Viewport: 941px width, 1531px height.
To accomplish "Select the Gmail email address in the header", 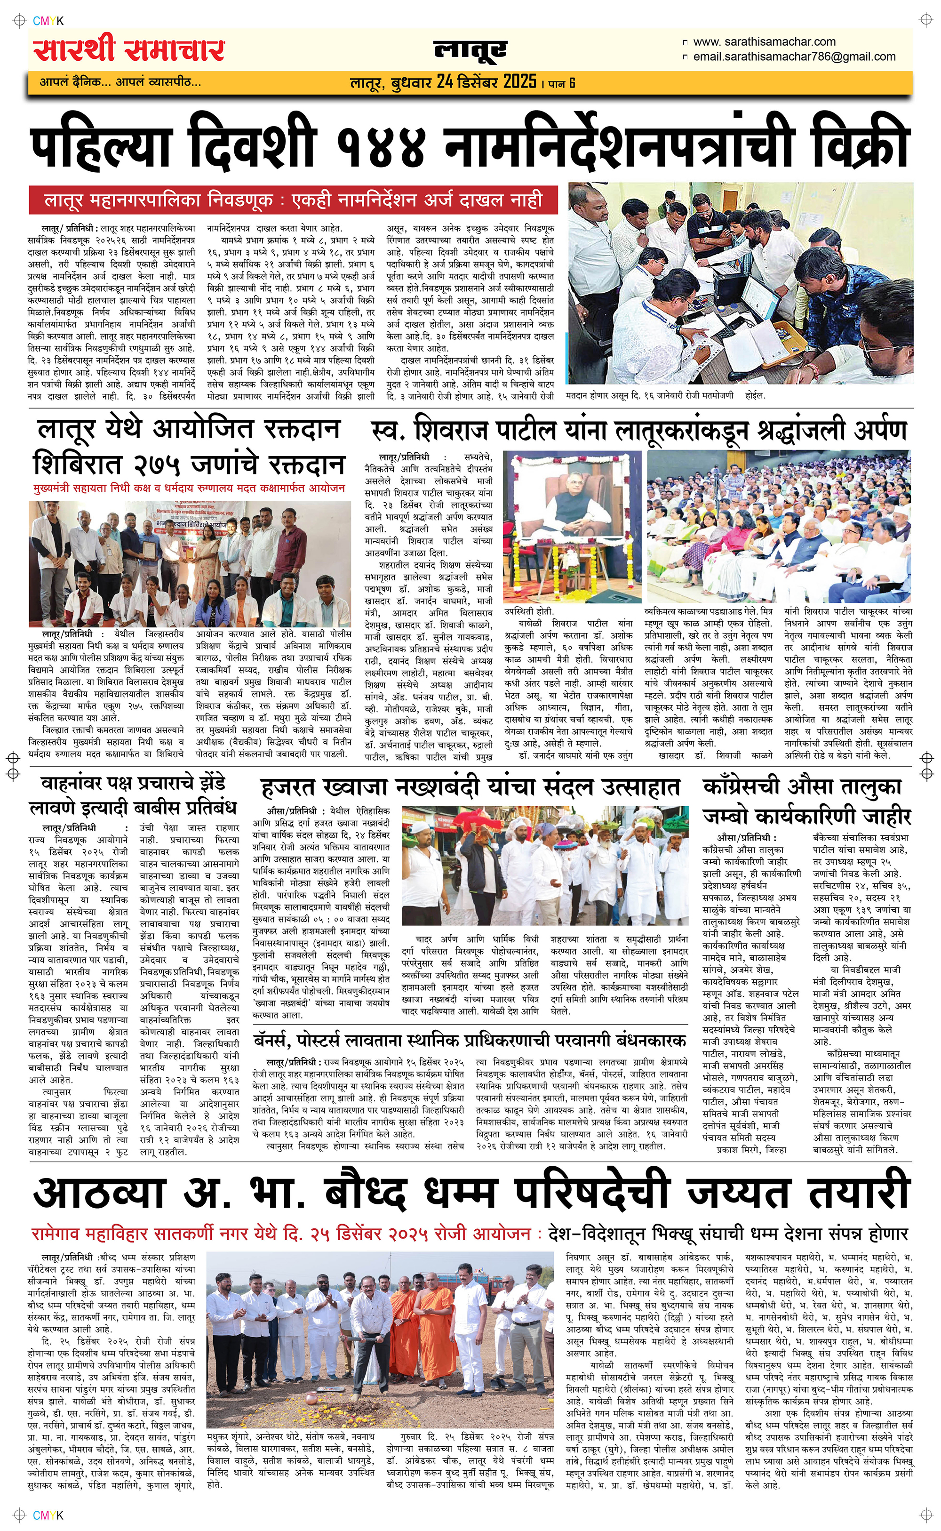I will tap(794, 56).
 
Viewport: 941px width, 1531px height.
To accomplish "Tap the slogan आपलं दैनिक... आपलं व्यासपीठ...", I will tap(120, 82).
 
